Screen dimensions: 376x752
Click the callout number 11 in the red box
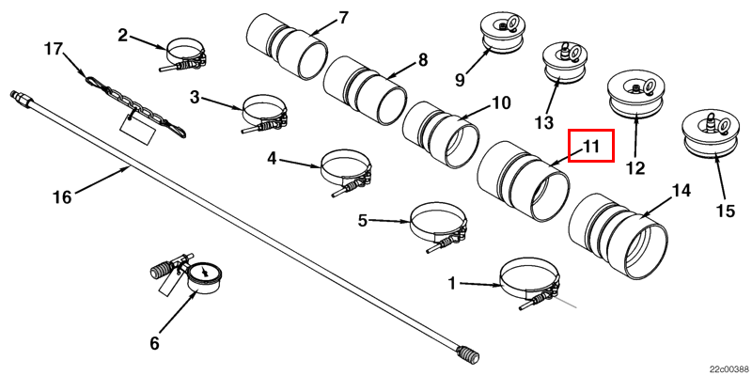tap(590, 146)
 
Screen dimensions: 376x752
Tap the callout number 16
tap(62, 197)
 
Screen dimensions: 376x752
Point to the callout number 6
tap(154, 343)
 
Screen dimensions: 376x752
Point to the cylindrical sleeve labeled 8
tap(365, 94)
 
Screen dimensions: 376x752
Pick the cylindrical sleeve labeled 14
tap(617, 235)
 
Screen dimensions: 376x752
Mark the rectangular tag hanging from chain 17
tap(138, 126)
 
